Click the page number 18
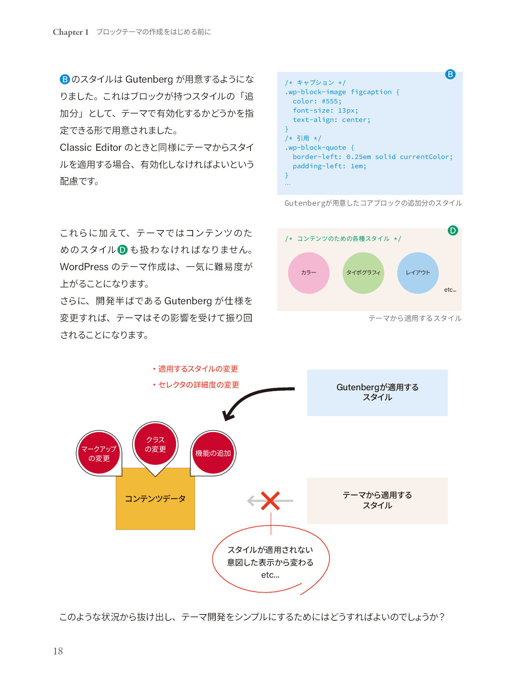tap(58, 651)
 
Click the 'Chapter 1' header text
tap(70, 32)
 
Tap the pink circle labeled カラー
tap(309, 273)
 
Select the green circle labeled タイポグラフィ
tap(363, 273)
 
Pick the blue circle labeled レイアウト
tap(418, 273)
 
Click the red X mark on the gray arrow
tap(270, 501)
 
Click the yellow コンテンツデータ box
tap(155, 499)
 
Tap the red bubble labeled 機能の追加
tap(213, 453)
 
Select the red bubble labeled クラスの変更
tap(155, 444)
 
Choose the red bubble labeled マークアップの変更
tap(99, 453)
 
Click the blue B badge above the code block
tap(450, 74)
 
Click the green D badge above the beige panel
tap(453, 231)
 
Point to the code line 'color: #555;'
tap(317, 101)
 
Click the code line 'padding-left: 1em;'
tap(329, 166)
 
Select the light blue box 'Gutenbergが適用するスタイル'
tap(377, 392)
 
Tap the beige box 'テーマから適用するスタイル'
tap(377, 501)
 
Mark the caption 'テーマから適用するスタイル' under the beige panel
tap(415, 318)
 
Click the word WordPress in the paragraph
tap(84, 267)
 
